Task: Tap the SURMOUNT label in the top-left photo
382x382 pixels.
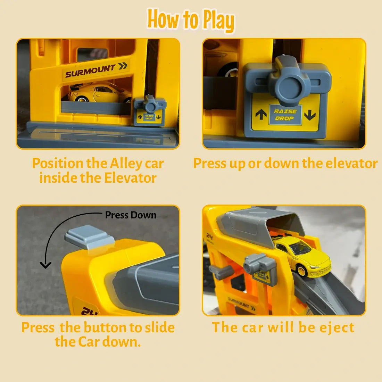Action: (90, 70)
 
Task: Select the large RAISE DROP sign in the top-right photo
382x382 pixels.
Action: (285, 115)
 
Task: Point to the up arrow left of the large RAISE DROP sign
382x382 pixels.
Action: (261, 114)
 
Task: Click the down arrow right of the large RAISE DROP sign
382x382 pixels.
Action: (310, 115)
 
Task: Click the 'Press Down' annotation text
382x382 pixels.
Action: (131, 215)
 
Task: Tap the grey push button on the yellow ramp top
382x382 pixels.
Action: (89, 236)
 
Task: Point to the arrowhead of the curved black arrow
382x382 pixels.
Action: (45, 265)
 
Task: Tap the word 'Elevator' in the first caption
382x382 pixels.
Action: (130, 177)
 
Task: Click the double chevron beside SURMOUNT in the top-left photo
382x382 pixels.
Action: (123, 66)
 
